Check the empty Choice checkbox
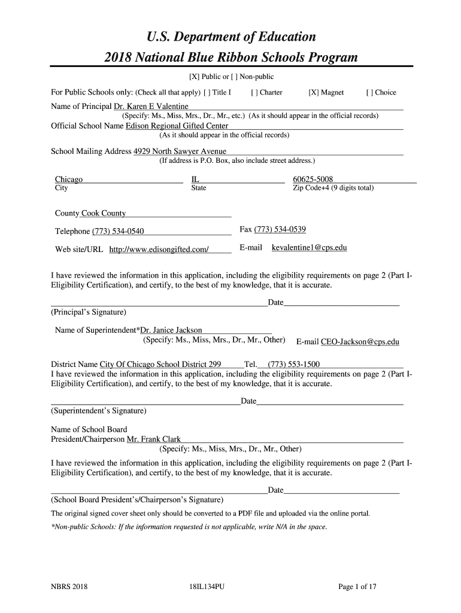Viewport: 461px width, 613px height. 370,93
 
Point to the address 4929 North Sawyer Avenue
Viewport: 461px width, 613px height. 180,151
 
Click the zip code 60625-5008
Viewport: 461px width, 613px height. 313,180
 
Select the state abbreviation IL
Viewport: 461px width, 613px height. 195,180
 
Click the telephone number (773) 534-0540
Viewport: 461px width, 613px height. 118,232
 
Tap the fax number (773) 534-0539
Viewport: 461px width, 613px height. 280,230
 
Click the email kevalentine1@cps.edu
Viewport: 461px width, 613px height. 310,247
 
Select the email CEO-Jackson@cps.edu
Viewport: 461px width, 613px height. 360,342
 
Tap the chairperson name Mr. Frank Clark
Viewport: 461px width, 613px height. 154,439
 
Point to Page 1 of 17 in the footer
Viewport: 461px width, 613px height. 357,587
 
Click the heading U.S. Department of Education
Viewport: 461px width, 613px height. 231,37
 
